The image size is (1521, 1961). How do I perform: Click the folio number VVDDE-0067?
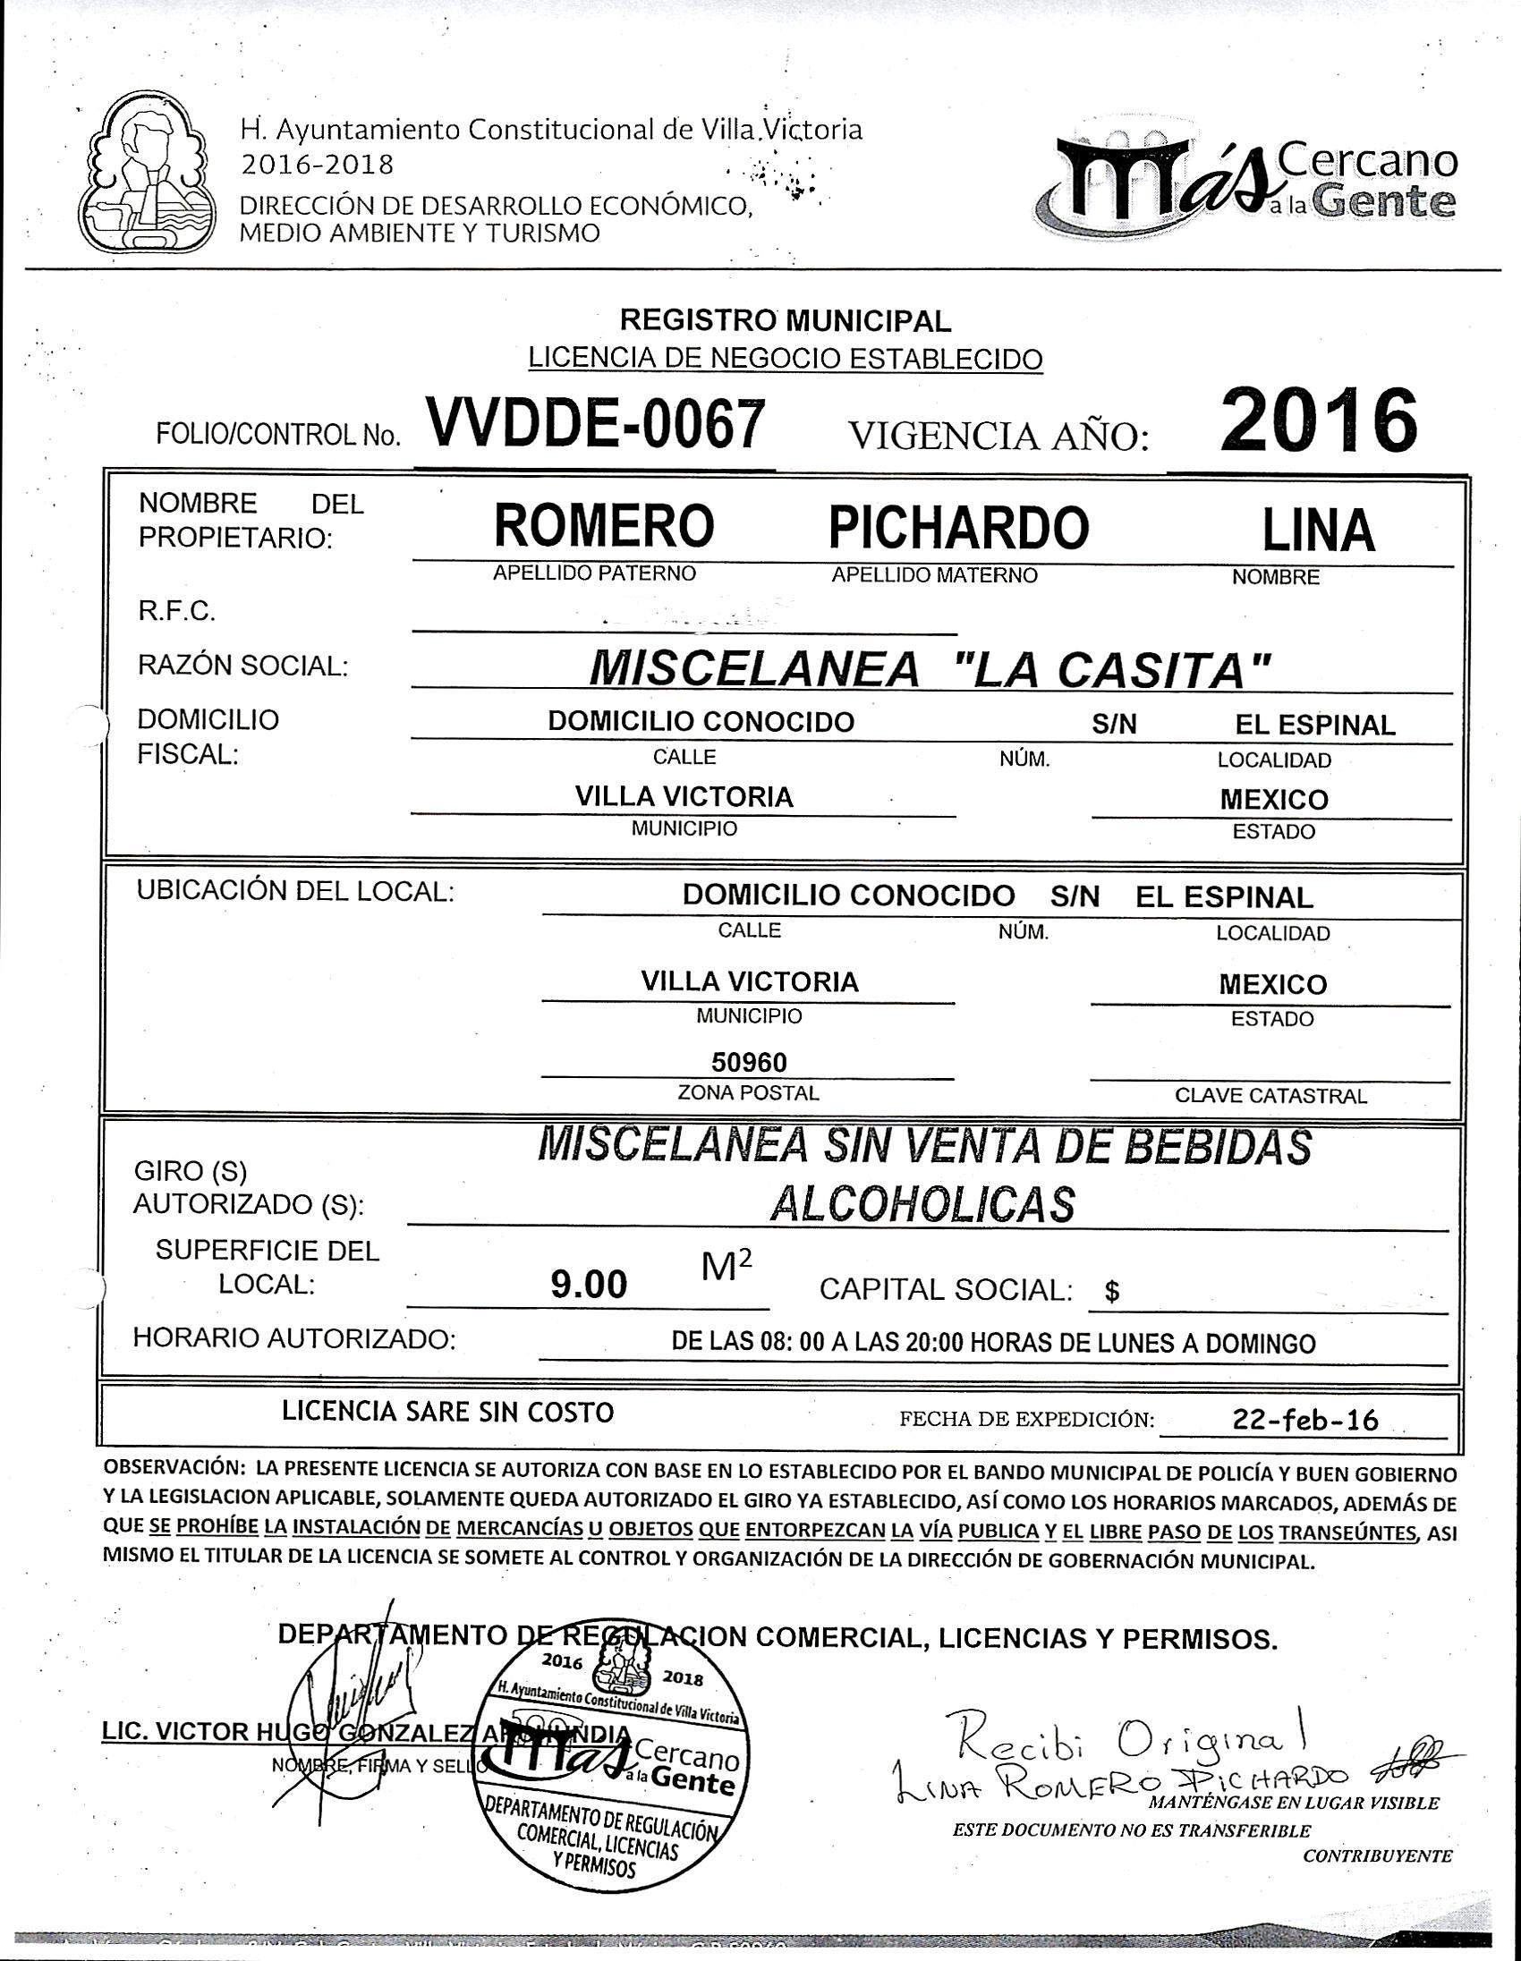pos(596,424)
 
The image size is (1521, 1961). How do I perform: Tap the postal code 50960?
pos(749,1063)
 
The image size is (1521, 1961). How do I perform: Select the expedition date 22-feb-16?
pos(1305,1420)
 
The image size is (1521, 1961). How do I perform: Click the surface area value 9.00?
pos(589,1286)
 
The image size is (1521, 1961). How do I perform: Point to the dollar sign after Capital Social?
pos(1111,1291)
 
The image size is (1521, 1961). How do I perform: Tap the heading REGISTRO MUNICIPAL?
pos(786,319)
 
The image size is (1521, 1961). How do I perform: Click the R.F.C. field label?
pos(176,611)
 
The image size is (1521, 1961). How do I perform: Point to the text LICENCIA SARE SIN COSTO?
pos(448,1412)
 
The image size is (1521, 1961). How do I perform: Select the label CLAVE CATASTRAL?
pos(1270,1095)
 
